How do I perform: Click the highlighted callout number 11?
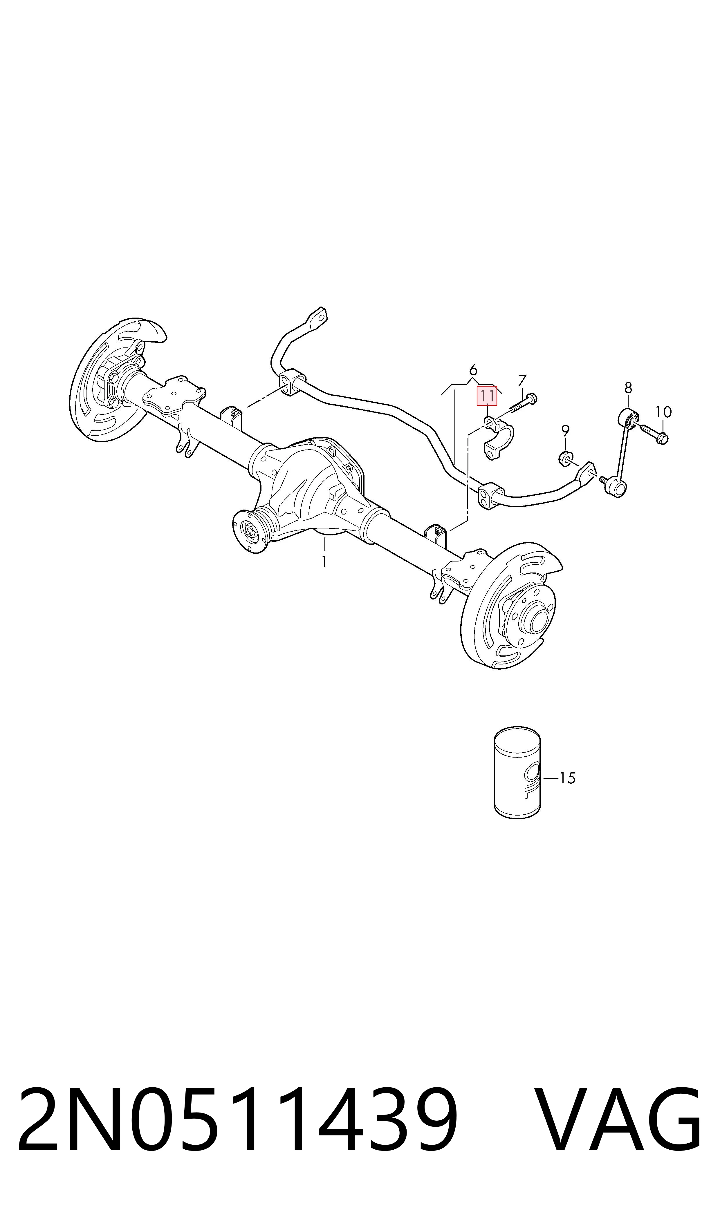(487, 396)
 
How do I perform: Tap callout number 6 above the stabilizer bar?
(473, 370)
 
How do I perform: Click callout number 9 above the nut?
(565, 430)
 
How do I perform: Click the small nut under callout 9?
(565, 458)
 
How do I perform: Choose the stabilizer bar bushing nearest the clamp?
(489, 495)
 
